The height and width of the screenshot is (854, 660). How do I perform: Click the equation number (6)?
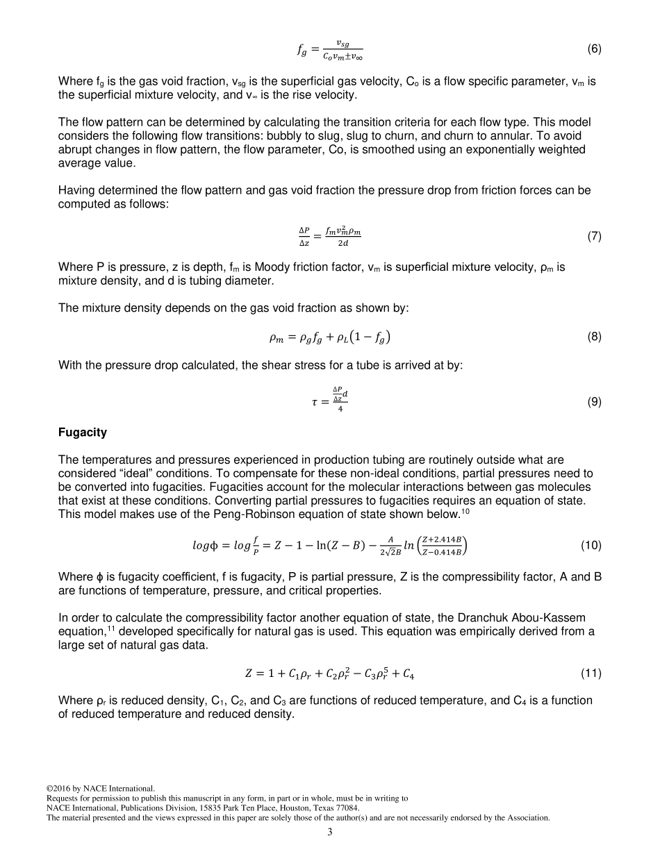[594, 49]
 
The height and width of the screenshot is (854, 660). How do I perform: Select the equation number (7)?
[594, 236]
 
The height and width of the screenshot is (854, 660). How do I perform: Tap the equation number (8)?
[594, 337]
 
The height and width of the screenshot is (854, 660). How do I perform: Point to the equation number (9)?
[594, 401]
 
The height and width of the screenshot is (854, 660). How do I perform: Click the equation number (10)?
[591, 545]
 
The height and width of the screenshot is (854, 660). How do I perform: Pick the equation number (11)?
[591, 673]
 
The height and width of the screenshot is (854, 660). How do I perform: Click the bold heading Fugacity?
[83, 433]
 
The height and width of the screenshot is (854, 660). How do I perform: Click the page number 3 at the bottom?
[330, 832]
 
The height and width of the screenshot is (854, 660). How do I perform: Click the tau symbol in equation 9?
[315, 402]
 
